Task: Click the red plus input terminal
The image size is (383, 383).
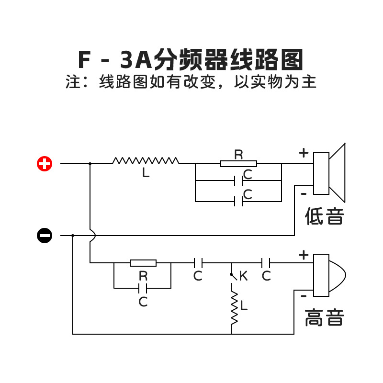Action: tap(45, 164)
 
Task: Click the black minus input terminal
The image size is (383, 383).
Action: tap(45, 236)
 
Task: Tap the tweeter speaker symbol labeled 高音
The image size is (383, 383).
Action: tap(328, 274)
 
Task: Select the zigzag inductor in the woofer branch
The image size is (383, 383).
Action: tap(146, 161)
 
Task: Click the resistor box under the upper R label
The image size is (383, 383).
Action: tap(238, 164)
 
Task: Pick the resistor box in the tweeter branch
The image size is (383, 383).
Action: tap(143, 263)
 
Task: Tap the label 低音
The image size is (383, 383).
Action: tap(325, 217)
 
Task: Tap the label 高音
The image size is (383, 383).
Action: tap(325, 317)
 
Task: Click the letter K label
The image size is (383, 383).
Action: tap(243, 276)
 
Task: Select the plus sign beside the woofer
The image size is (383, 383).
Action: tap(304, 153)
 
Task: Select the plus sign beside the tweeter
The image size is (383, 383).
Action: tap(304, 255)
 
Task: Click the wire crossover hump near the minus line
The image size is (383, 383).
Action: tap(92, 236)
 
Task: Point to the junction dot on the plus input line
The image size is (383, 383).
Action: tap(90, 164)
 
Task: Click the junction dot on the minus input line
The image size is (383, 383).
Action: tap(73, 236)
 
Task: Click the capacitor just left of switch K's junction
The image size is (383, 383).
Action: tap(198, 263)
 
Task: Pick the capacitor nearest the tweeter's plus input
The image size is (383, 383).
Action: tap(267, 263)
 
